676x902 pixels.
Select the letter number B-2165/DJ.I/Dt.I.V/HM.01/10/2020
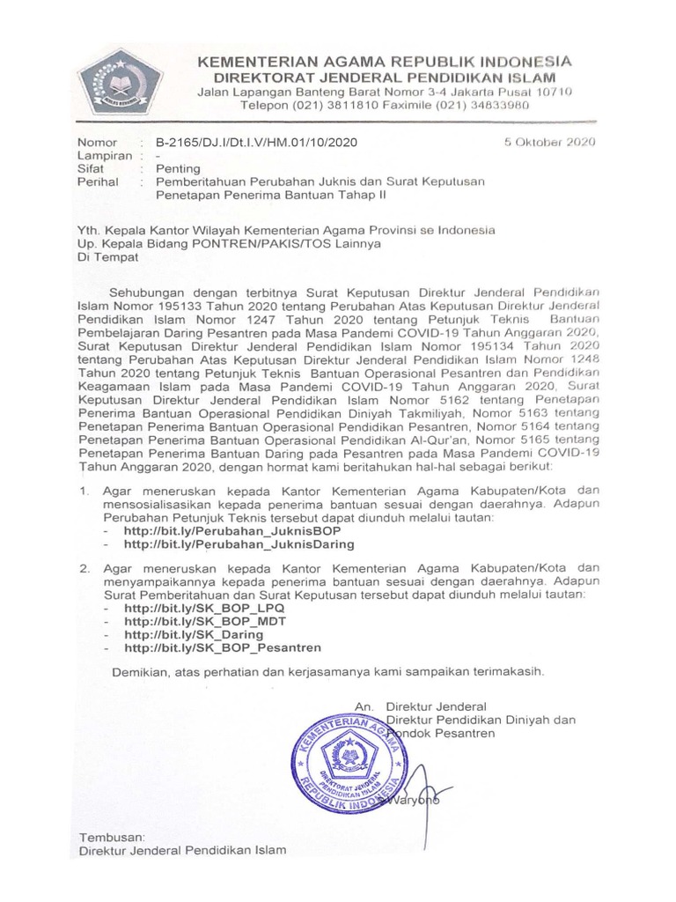click(x=257, y=142)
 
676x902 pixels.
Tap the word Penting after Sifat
click(x=178, y=168)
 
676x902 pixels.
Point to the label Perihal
click(x=99, y=181)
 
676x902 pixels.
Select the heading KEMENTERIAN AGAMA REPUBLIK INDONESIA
click(x=384, y=62)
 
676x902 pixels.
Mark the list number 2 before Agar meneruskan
click(x=85, y=569)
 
